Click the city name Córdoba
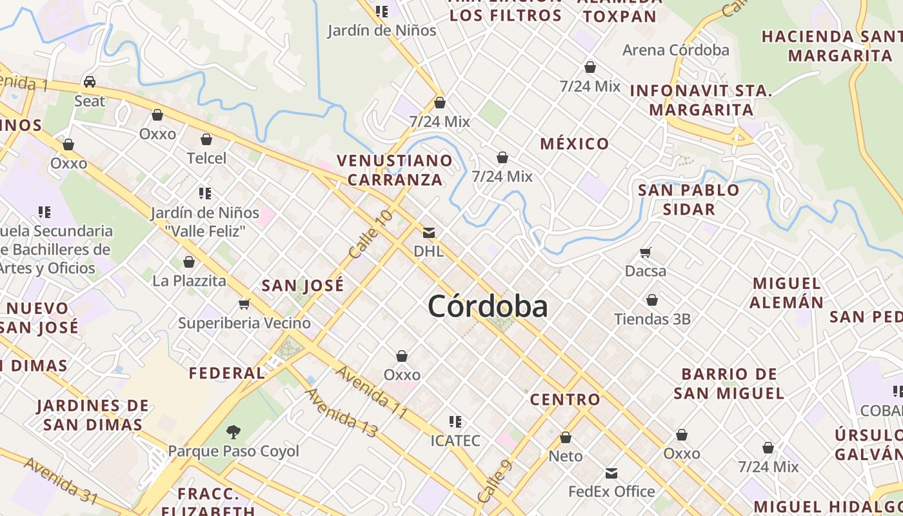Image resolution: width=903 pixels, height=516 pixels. tap(488, 306)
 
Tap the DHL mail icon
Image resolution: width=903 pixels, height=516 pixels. tap(429, 233)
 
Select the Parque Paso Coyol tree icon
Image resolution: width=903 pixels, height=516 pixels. tap(233, 432)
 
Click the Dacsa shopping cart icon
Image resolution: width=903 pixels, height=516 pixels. tap(646, 252)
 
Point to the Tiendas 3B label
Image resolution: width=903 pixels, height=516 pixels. tap(652, 319)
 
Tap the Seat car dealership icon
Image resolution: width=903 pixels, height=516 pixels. tap(90, 82)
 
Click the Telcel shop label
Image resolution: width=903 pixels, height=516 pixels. tap(206, 158)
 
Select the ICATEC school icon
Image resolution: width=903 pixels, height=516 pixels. tap(455, 422)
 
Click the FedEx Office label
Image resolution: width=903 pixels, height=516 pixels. tap(611, 491)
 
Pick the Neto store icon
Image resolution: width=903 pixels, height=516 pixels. tap(566, 438)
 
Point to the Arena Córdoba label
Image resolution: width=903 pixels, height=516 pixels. tap(675, 50)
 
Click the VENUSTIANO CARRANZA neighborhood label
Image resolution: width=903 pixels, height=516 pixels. tap(395, 170)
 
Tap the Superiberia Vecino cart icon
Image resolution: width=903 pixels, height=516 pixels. tap(244, 304)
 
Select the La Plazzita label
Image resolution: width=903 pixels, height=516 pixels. tap(189, 281)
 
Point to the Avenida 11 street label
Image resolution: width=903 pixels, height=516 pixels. tap(372, 392)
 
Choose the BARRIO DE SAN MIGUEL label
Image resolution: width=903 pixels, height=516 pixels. tap(729, 383)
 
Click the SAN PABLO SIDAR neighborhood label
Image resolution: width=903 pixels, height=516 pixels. tap(688, 199)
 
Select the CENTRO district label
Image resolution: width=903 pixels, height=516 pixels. tap(565, 400)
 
